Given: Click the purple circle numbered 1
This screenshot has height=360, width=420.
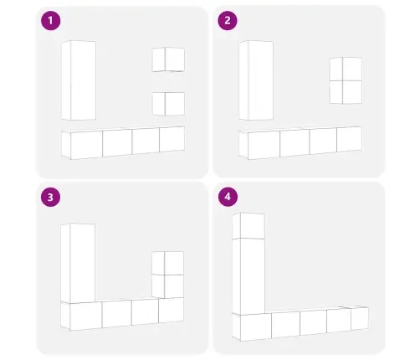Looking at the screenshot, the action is [51, 21].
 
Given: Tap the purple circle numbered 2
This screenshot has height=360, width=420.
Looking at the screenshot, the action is [228, 20].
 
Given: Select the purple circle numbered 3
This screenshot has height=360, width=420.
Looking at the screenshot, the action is [50, 197].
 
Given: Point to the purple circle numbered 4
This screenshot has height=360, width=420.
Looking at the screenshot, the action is [228, 197].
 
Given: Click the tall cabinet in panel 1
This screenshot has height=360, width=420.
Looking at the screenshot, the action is [79, 80].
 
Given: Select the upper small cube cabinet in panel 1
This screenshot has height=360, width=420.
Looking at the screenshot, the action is [168, 59].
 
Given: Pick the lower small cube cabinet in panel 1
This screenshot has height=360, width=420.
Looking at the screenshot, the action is [168, 104].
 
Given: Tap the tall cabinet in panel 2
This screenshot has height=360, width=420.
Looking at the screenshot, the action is [256, 80].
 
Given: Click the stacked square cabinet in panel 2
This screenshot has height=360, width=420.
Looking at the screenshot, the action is [346, 80].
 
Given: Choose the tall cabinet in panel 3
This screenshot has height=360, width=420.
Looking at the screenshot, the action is [78, 263].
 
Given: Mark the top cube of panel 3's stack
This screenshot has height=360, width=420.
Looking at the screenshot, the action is [167, 263].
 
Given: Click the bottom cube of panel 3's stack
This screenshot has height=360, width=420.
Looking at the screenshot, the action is [167, 286].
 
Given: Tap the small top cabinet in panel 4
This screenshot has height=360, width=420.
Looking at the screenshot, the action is [248, 226].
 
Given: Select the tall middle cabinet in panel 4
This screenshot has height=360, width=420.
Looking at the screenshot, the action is [248, 276].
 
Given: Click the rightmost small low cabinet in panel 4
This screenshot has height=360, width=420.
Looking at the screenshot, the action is [359, 318].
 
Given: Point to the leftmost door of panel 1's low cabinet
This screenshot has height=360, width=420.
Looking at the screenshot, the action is [86, 145].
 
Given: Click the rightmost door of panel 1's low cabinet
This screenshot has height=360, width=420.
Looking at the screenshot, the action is [172, 139].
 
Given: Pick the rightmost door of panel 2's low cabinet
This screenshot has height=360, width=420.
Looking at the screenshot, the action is [349, 139].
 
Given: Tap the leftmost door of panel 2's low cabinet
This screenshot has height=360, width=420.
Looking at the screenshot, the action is [264, 145].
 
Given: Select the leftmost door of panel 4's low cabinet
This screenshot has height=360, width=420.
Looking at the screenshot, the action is [256, 327].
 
